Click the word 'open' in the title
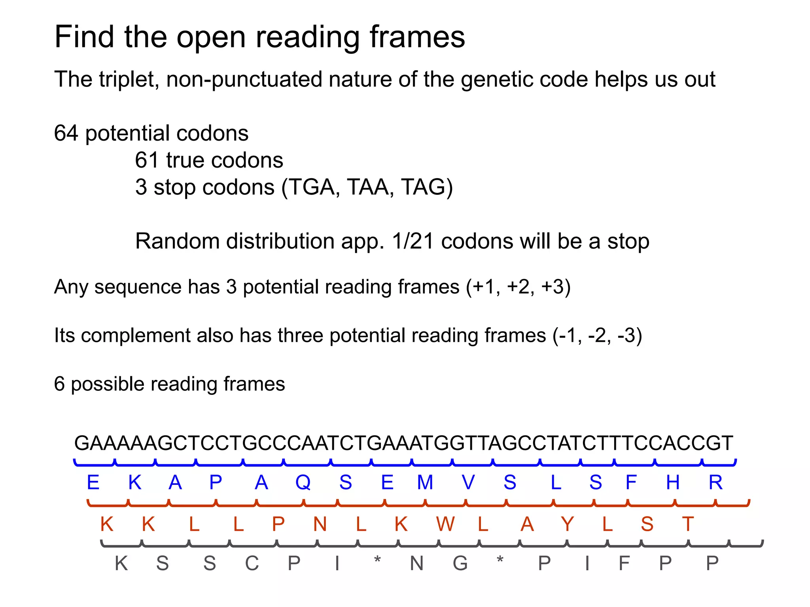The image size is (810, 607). [x=212, y=38]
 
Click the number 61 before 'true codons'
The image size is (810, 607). [x=147, y=160]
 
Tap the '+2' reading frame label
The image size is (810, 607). [x=520, y=287]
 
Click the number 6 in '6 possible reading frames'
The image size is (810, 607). [x=59, y=384]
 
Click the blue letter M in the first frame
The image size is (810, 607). [x=425, y=483]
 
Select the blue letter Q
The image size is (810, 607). [x=303, y=483]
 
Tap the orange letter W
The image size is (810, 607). [x=445, y=524]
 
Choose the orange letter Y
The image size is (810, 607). [x=567, y=524]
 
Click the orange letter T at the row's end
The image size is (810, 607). [x=688, y=524]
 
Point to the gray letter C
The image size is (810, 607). [x=252, y=564]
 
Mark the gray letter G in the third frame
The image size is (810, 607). [x=460, y=564]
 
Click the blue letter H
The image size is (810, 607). [x=673, y=483]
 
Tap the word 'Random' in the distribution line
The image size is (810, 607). [x=177, y=241]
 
